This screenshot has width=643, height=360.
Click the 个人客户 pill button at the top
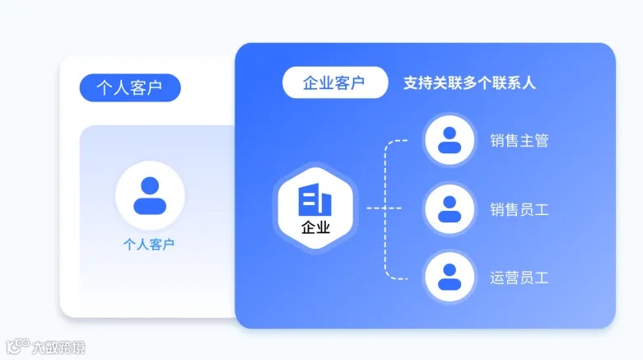tap(129, 87)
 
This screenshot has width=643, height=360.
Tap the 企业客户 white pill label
tap(334, 82)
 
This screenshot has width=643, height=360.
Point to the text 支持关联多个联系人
tap(469, 83)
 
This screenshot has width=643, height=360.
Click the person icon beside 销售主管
tap(449, 140)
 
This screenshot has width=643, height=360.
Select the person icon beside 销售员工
tap(449, 208)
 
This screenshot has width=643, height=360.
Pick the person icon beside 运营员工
tap(449, 277)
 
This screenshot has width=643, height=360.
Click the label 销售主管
tap(519, 141)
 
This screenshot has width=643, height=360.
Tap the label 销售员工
tap(519, 209)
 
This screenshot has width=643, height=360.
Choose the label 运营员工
tap(519, 278)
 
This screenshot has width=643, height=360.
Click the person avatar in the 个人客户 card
tap(149, 195)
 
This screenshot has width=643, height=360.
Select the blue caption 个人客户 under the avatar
tap(149, 244)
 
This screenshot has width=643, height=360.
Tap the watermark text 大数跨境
tap(58, 348)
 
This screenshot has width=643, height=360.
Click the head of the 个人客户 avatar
tap(149, 186)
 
